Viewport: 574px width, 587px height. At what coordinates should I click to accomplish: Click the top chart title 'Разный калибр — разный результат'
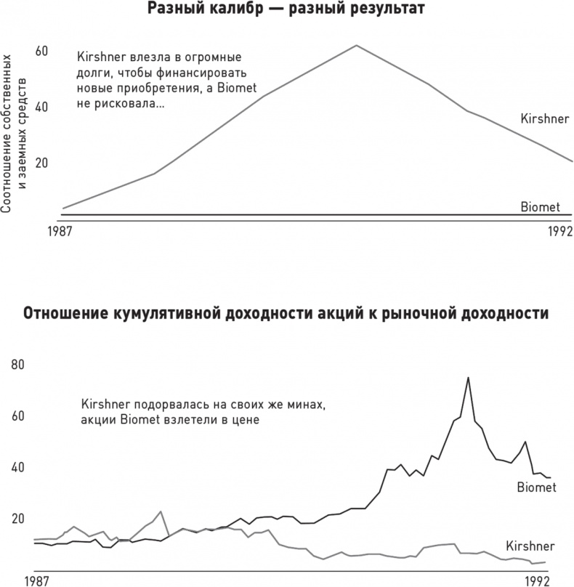pyautogui.click(x=286, y=9)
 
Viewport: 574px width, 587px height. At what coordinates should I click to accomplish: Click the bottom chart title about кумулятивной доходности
pyautogui.click(x=286, y=314)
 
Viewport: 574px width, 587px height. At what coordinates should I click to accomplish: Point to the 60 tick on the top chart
pyautogui.click(x=41, y=51)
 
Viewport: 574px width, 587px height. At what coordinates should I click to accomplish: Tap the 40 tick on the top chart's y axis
pyautogui.click(x=41, y=107)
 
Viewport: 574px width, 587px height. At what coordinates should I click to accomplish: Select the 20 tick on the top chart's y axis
pyautogui.click(x=41, y=163)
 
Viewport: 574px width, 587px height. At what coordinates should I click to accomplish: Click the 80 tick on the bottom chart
pyautogui.click(x=18, y=365)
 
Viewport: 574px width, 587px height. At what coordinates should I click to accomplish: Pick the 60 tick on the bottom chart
pyautogui.click(x=18, y=416)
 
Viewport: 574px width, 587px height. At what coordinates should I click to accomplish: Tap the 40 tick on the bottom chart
pyautogui.click(x=18, y=467)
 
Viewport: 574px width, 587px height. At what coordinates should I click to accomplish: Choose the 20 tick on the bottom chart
pyautogui.click(x=18, y=519)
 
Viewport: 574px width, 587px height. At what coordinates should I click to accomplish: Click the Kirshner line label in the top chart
pyautogui.click(x=544, y=118)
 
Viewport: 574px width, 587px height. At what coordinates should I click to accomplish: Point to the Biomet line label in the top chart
pyautogui.click(x=540, y=207)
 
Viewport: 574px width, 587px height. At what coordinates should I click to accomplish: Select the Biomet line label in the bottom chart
pyautogui.click(x=536, y=487)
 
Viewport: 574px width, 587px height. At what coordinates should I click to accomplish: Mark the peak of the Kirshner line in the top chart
pyautogui.click(x=356, y=45)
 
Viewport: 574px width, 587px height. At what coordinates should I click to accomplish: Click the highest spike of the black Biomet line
pyautogui.click(x=468, y=377)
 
